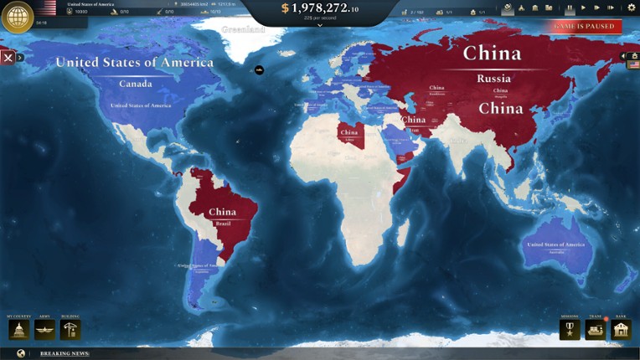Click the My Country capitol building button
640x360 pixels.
coord(18,330)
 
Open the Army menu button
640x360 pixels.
coord(44,330)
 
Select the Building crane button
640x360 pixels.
coord(70,330)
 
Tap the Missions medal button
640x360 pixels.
coord(570,330)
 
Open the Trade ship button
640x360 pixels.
coord(595,330)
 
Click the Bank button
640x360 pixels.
coord(621,330)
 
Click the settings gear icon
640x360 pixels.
coord(632,8)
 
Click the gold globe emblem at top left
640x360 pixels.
coord(18,17)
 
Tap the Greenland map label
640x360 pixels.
coord(243,29)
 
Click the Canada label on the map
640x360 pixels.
coord(136,84)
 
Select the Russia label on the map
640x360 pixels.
coord(493,79)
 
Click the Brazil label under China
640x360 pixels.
coord(222,224)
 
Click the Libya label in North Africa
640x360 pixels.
coord(349,140)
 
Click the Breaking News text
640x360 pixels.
coord(65,353)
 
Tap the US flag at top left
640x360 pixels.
coord(49,8)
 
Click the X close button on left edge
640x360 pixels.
coord(8,58)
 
